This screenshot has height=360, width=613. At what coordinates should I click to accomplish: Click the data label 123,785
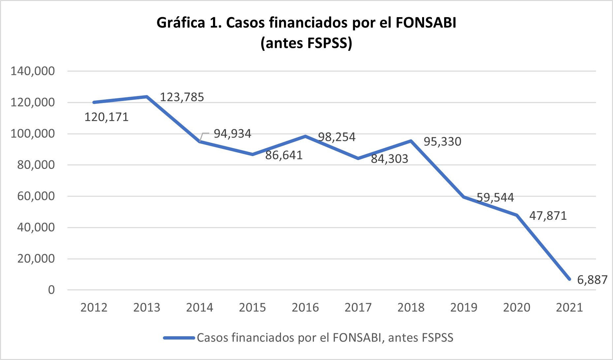(182, 97)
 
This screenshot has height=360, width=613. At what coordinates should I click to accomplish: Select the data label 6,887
(592, 280)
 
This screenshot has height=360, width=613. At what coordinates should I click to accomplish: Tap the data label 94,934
(232, 134)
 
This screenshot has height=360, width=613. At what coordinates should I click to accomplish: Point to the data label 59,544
(495, 197)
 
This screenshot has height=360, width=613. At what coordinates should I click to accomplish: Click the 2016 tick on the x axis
(305, 308)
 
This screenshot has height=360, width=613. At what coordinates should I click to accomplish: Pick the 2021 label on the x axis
(569, 308)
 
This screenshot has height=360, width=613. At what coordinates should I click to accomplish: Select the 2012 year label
(94, 308)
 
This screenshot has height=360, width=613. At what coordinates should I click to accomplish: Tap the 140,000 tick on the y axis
(33, 71)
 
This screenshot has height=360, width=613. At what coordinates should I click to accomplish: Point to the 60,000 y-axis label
(36, 196)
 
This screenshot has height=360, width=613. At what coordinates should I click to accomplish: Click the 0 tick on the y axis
(51, 290)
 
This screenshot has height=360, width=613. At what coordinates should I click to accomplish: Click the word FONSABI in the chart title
(426, 23)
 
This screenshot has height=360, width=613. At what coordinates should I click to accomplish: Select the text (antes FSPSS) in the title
(306, 43)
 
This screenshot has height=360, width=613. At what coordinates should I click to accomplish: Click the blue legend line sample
(179, 338)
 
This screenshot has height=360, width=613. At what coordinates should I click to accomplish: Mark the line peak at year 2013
(147, 96)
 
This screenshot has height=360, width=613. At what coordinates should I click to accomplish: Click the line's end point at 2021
(569, 279)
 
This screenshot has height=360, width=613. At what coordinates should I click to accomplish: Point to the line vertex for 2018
(411, 141)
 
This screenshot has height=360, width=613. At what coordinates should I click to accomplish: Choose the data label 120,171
(107, 117)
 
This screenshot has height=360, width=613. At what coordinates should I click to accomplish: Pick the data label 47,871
(548, 216)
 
